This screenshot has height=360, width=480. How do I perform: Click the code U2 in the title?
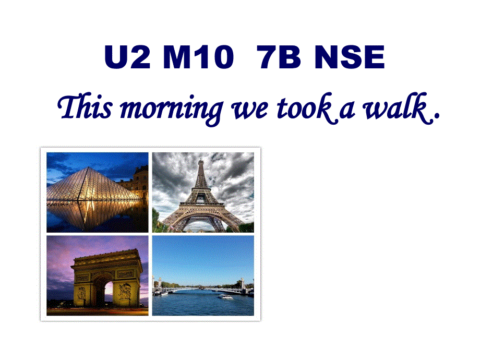(127, 58)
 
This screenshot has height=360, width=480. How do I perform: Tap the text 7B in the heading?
(279, 58)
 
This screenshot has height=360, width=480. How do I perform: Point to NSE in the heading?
(350, 58)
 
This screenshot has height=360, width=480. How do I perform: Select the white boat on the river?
(225, 297)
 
